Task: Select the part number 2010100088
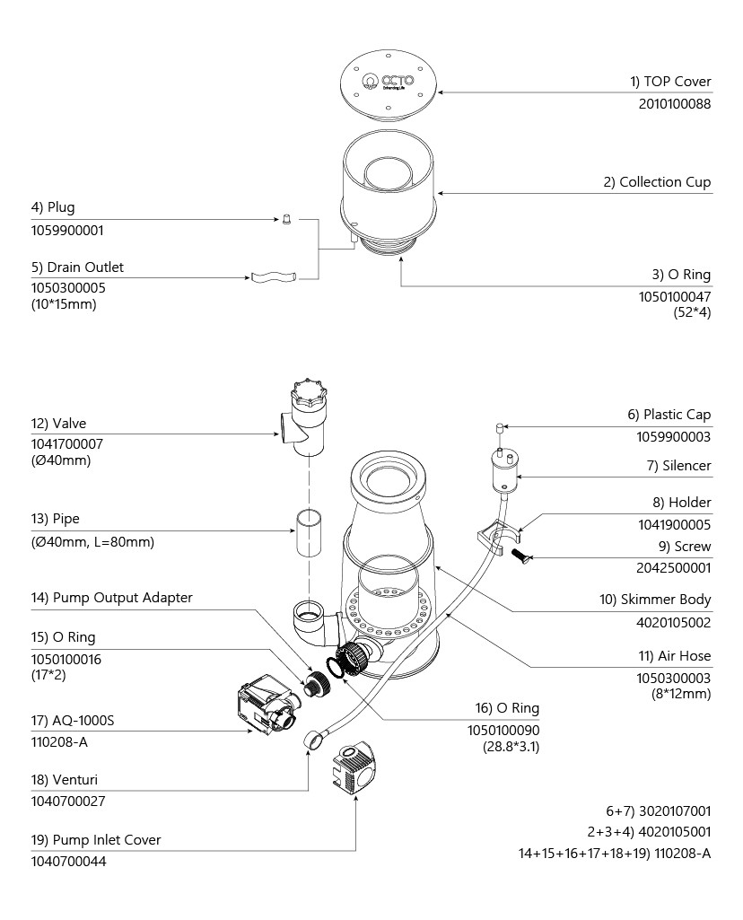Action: pyautogui.click(x=674, y=104)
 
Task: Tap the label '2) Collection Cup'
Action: pyautogui.click(x=657, y=182)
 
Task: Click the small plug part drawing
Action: pyautogui.click(x=286, y=218)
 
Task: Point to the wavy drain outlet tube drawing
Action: pyautogui.click(x=271, y=277)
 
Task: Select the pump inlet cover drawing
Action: pyautogui.click(x=358, y=768)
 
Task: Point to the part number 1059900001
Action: pyautogui.click(x=67, y=230)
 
